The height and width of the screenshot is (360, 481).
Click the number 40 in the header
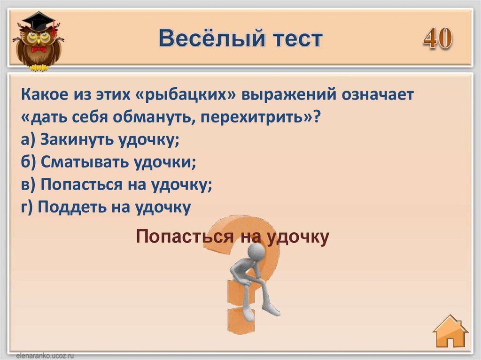pyautogui.click(x=438, y=38)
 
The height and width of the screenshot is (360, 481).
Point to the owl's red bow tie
pyautogui.click(x=39, y=49)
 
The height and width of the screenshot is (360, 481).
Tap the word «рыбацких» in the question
pyautogui.click(x=185, y=94)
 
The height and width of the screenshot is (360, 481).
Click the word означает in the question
pyautogui.click(x=378, y=94)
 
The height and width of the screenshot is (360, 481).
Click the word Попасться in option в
pyautogui.click(x=81, y=184)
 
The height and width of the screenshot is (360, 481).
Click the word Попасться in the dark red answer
pyautogui.click(x=185, y=237)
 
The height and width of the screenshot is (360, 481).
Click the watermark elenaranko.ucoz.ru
pyautogui.click(x=45, y=356)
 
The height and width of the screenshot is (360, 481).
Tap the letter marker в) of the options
pyautogui.click(x=28, y=184)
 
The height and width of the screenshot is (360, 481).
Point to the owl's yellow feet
pyautogui.click(x=39, y=68)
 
